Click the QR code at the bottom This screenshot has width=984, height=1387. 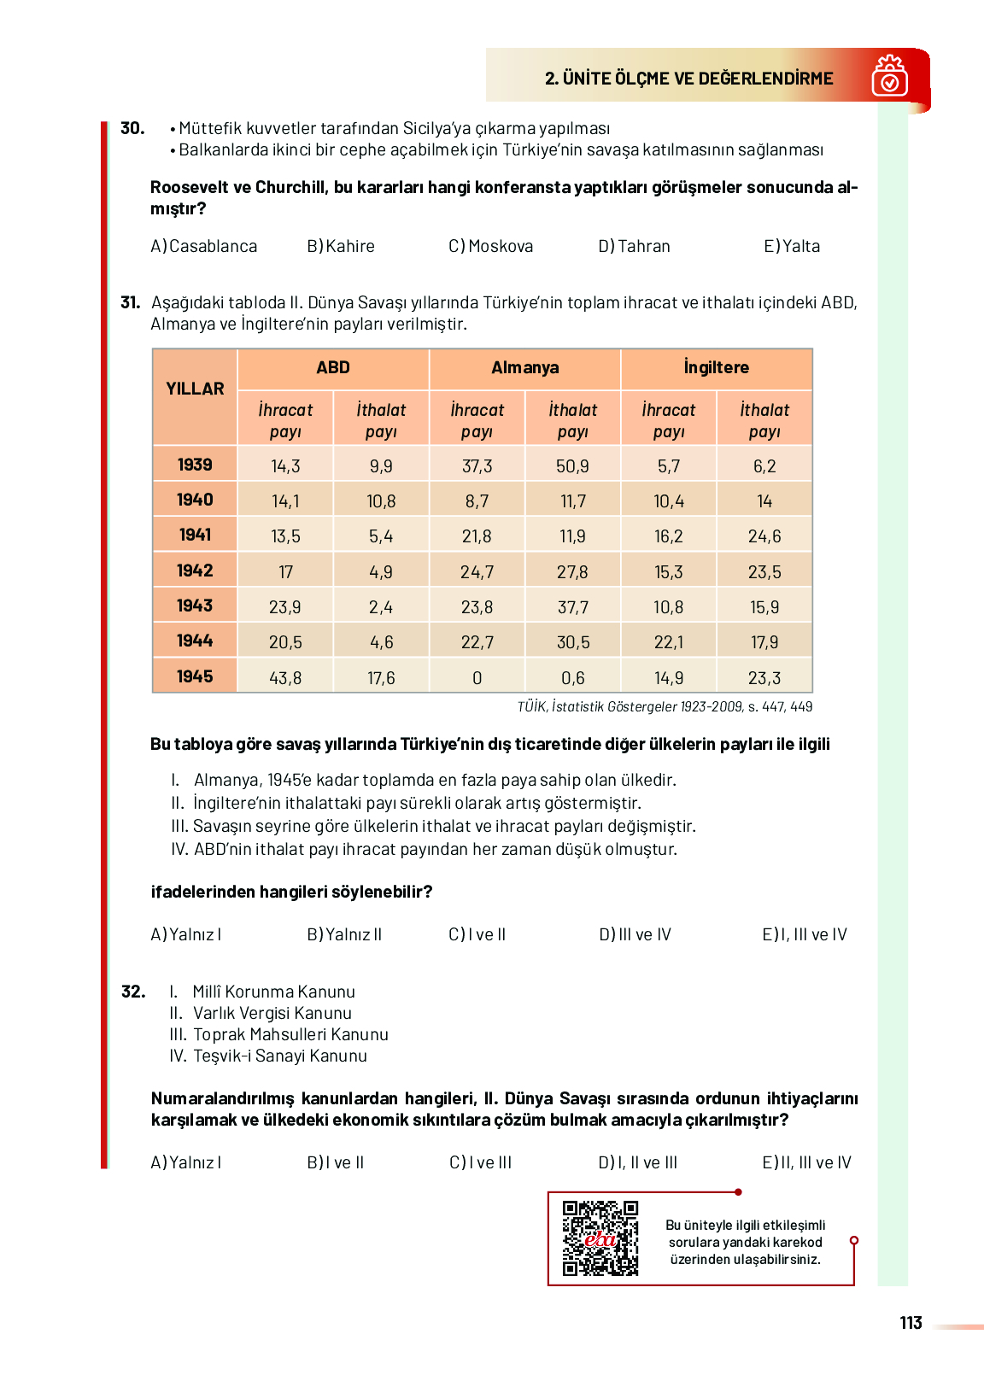click(600, 1238)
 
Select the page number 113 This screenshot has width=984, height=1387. click(911, 1323)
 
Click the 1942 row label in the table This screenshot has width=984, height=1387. click(195, 571)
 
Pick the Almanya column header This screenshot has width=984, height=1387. click(524, 368)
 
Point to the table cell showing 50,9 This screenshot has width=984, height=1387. click(572, 466)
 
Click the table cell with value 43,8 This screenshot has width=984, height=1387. click(285, 678)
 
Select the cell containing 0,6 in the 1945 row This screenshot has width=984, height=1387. click(572, 678)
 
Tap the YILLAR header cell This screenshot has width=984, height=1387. click(195, 389)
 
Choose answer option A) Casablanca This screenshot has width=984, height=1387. click(204, 247)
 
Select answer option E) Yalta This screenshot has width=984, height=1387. click(792, 247)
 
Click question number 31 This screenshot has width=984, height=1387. click(130, 302)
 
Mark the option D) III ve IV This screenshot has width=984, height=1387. click(635, 935)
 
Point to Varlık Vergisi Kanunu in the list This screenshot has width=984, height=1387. click(272, 1014)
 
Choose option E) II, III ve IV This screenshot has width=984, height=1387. click(806, 1163)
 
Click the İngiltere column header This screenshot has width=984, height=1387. click(716, 368)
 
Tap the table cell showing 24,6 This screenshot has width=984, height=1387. click(764, 536)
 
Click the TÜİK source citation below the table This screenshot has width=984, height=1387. click(665, 707)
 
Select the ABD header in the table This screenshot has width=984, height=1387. click(333, 368)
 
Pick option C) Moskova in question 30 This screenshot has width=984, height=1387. click(491, 247)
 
